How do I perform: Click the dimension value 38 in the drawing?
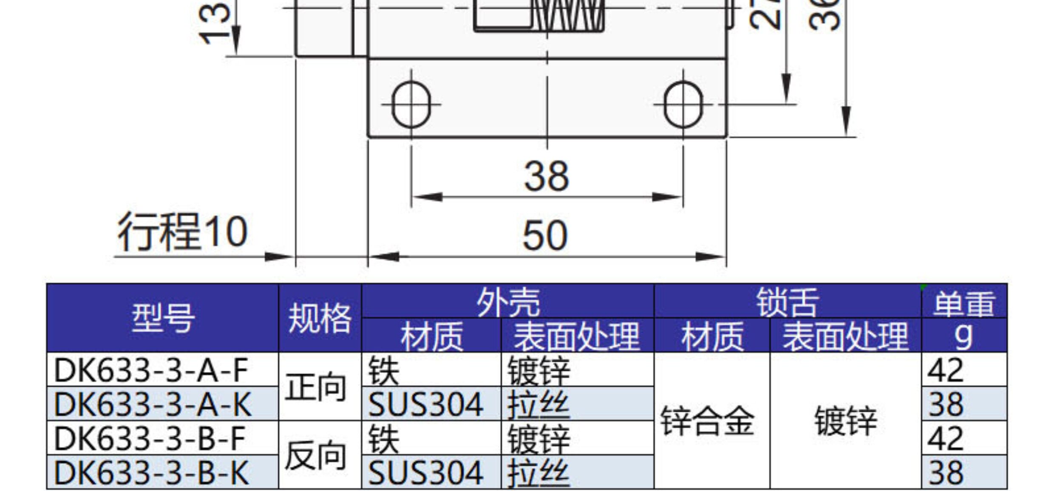[546, 176]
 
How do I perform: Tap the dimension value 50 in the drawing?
[545, 235]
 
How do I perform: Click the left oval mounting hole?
[411, 104]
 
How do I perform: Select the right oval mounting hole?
[683, 104]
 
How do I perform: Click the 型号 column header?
[163, 318]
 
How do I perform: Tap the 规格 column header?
[320, 318]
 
